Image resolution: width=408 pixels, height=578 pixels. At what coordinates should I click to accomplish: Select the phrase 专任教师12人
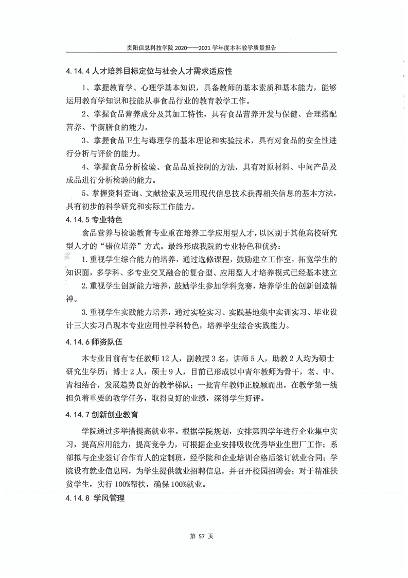click(149, 357)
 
